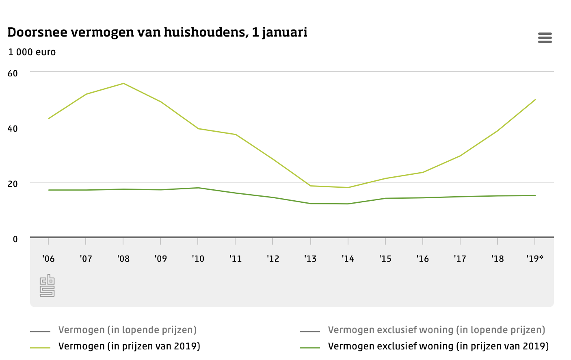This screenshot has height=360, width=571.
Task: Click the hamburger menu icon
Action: tap(545, 38)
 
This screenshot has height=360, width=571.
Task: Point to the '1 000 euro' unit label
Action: tap(32, 52)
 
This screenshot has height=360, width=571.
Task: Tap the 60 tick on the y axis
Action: tap(13, 74)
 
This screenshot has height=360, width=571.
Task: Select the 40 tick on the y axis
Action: tap(13, 128)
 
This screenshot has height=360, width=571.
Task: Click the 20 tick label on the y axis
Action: tap(13, 184)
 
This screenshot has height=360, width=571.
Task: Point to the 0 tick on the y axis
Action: tap(15, 239)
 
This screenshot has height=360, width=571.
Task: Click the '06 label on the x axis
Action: tap(48, 259)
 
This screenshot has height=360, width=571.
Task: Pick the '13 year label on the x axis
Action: tap(310, 259)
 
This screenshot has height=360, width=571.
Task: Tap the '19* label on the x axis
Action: tap(534, 259)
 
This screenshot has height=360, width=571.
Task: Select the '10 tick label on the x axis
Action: tap(198, 259)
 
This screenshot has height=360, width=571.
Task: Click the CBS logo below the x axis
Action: tap(47, 286)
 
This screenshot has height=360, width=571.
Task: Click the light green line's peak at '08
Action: tap(123, 83)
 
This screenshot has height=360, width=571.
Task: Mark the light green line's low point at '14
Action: tap(348, 187)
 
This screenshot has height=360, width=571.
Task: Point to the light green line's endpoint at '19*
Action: tap(535, 100)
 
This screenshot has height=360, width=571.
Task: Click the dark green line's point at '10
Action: tap(198, 188)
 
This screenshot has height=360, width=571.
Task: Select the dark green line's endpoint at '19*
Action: tap(535, 195)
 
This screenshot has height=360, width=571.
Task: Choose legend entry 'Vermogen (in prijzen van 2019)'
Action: tap(129, 346)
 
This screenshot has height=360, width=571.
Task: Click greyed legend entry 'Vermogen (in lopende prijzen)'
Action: tap(127, 330)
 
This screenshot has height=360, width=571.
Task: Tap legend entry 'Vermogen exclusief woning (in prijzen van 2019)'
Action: tap(438, 346)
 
